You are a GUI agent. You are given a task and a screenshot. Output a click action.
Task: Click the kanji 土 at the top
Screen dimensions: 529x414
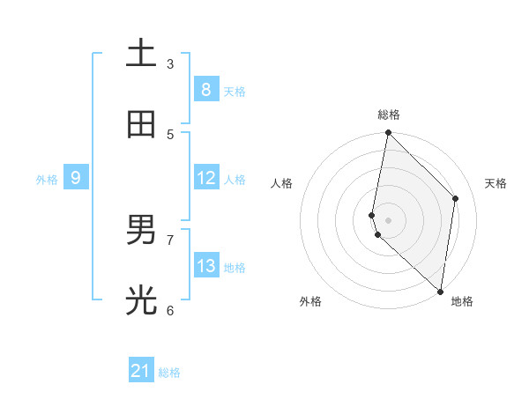point(140,54)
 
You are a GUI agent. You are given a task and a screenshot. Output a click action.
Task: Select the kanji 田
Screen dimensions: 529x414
point(140,125)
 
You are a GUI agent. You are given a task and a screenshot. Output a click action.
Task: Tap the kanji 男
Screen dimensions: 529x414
point(140,231)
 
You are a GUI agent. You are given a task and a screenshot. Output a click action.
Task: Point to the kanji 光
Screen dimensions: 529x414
point(140,301)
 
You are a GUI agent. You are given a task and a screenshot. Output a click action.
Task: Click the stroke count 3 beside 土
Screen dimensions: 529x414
point(170,63)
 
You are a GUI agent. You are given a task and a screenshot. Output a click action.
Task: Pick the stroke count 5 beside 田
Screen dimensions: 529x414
point(170,134)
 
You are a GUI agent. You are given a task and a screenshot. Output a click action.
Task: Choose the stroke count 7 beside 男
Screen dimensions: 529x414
point(170,240)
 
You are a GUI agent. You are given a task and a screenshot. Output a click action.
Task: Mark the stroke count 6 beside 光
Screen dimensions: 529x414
point(170,310)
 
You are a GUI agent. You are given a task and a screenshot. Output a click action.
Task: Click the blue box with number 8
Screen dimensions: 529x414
point(205,89)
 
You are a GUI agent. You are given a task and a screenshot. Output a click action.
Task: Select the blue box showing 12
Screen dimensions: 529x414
point(205,178)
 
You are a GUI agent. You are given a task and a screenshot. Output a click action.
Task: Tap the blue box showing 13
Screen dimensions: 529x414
point(205,266)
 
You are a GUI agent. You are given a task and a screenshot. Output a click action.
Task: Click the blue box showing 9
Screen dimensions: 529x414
point(76,178)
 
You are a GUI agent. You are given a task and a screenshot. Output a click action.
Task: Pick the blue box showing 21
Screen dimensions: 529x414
point(140,371)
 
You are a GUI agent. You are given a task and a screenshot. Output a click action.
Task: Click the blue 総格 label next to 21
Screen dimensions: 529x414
point(169,373)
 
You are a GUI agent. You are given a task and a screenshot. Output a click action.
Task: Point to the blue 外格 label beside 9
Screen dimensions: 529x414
point(47,180)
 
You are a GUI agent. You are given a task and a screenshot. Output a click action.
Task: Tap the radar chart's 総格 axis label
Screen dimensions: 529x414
point(388,115)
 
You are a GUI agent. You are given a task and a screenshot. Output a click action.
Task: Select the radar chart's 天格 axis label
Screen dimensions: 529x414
point(495,183)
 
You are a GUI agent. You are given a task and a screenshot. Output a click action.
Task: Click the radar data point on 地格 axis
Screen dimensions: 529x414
point(440,291)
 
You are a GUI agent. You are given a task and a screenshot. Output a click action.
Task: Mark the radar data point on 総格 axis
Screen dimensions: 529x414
point(388,133)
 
